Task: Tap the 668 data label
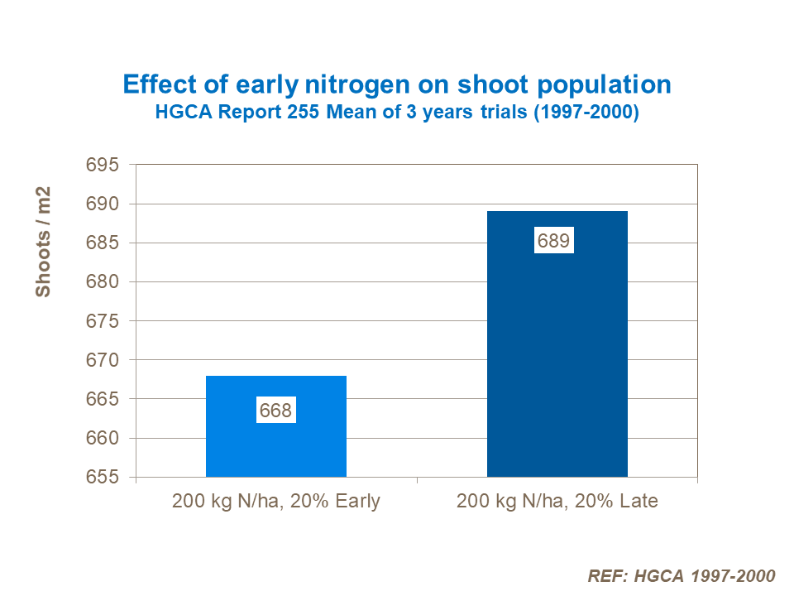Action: (x=275, y=411)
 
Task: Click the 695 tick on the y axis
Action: (x=103, y=165)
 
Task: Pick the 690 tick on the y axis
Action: (x=103, y=204)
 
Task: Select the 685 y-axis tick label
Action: (x=103, y=243)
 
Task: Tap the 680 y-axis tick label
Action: (x=103, y=282)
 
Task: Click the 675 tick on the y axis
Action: (x=103, y=321)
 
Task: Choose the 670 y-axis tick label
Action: (x=103, y=360)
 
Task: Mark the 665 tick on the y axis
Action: (x=103, y=400)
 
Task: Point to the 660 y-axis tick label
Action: (x=103, y=439)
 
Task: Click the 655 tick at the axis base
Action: (x=103, y=478)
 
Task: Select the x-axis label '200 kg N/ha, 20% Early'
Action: (x=276, y=502)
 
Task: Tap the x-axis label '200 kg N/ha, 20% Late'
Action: (x=557, y=502)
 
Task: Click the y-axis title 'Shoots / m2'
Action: (x=43, y=242)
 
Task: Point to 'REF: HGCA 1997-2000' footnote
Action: (x=681, y=576)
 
